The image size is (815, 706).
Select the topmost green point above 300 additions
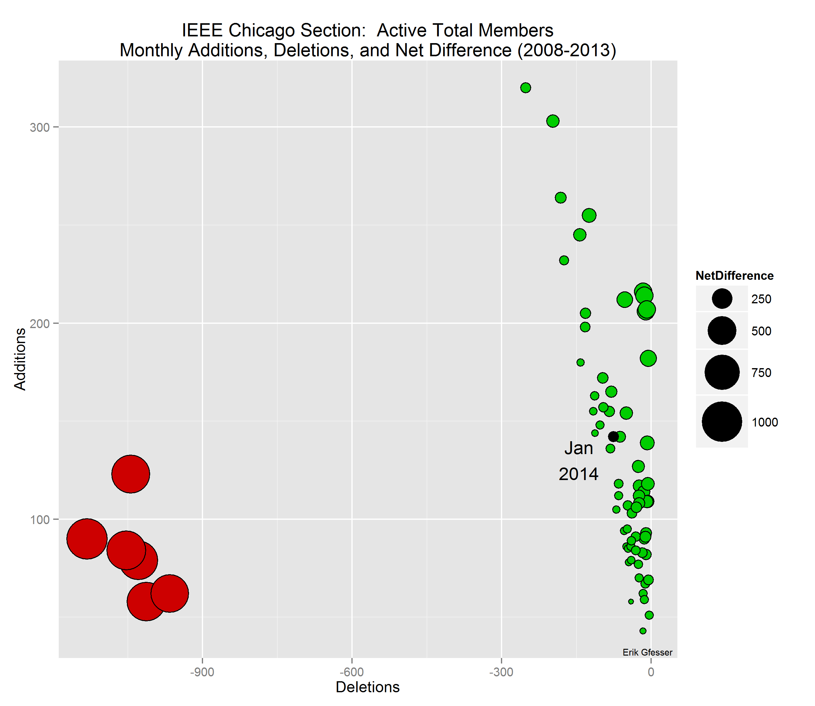pyautogui.click(x=525, y=87)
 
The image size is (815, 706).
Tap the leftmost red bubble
pyautogui.click(x=87, y=539)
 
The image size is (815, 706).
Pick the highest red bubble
pyautogui.click(x=131, y=474)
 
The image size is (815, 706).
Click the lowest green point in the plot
pyautogui.click(x=643, y=631)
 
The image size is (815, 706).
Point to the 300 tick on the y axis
pyautogui.click(x=39, y=127)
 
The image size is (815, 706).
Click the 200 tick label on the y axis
pyautogui.click(x=39, y=323)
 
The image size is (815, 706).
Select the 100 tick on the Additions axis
pyautogui.click(x=39, y=520)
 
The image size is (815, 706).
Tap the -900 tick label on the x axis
pyautogui.click(x=202, y=672)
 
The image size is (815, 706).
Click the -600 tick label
pyautogui.click(x=352, y=672)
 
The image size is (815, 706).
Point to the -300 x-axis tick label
pyautogui.click(x=501, y=672)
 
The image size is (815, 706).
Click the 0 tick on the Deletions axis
pyautogui.click(x=651, y=672)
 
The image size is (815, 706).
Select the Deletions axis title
pyautogui.click(x=367, y=687)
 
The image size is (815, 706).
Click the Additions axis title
pyautogui.click(x=20, y=359)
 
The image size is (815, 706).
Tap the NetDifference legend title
pyautogui.click(x=734, y=275)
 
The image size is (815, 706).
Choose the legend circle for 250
pyautogui.click(x=722, y=299)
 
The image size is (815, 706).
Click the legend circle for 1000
pyautogui.click(x=722, y=422)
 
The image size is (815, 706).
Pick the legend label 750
pyautogui.click(x=761, y=373)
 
